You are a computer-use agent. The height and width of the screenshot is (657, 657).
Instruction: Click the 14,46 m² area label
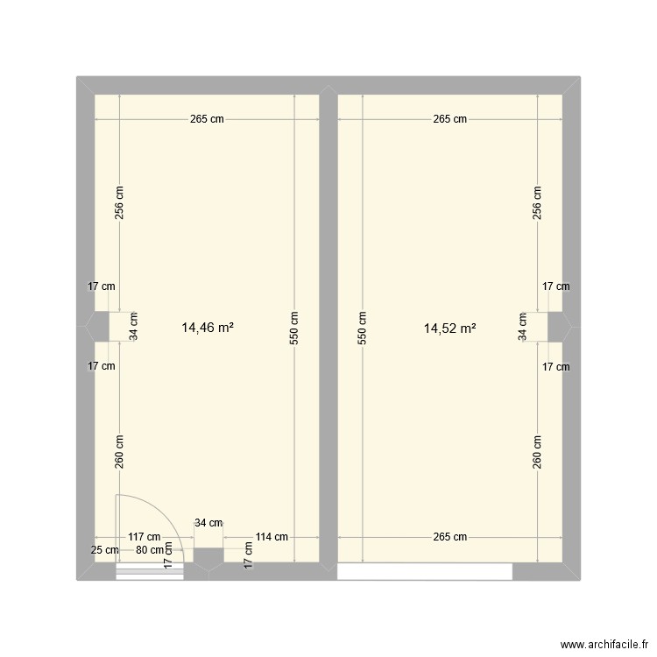pos(207,328)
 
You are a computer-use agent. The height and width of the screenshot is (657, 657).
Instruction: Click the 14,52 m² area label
pos(449,328)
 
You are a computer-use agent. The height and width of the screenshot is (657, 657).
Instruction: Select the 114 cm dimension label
pos(271,538)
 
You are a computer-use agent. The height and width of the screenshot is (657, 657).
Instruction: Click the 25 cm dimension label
pos(104,551)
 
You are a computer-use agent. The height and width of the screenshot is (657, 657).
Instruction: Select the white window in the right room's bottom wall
pos(425,571)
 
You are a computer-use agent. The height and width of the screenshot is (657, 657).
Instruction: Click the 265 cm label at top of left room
pos(207,120)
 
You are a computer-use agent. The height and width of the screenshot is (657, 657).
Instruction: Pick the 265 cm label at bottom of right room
pos(449,538)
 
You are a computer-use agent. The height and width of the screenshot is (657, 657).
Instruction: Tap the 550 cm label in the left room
pos(294,328)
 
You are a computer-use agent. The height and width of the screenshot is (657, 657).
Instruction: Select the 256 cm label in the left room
pos(120,203)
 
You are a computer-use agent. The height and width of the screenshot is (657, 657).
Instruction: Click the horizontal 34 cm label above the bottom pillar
pos(208,523)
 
